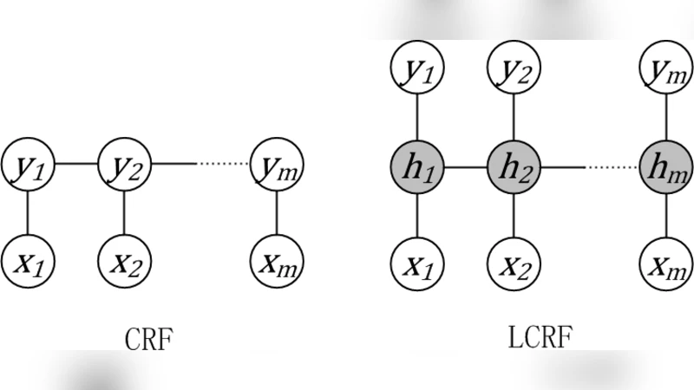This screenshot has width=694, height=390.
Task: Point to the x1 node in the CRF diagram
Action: (28, 257)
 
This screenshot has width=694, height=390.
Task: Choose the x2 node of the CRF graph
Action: (124, 257)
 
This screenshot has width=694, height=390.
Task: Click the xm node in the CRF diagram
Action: (276, 257)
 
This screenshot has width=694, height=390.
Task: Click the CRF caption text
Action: (149, 339)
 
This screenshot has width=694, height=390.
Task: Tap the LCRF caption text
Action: (539, 337)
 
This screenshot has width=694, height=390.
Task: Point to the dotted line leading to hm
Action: (612, 164)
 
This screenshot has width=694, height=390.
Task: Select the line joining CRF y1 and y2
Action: (76, 163)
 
